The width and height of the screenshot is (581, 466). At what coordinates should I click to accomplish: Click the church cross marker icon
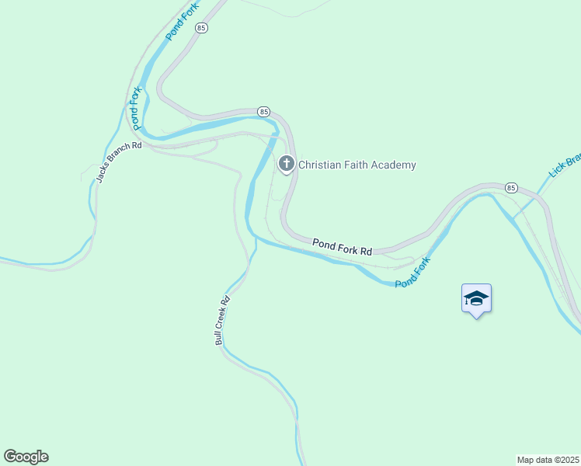287,164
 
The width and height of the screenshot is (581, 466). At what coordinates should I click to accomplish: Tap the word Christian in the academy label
320,165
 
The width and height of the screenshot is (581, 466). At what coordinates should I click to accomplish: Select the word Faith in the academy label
359,165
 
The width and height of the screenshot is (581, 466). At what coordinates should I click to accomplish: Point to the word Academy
397,165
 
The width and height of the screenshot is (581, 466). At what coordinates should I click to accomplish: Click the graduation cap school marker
476,298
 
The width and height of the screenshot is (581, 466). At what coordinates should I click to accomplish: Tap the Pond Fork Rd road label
343,247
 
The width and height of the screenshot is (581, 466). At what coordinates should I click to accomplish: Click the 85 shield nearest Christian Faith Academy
263,112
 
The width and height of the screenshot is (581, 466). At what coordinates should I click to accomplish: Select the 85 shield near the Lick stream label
510,188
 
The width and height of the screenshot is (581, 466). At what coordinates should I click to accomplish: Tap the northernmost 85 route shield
202,28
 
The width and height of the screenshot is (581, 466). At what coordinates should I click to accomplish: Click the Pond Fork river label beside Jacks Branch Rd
136,109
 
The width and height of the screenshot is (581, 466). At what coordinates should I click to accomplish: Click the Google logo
26,457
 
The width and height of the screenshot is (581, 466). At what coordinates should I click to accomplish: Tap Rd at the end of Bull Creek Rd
226,298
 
